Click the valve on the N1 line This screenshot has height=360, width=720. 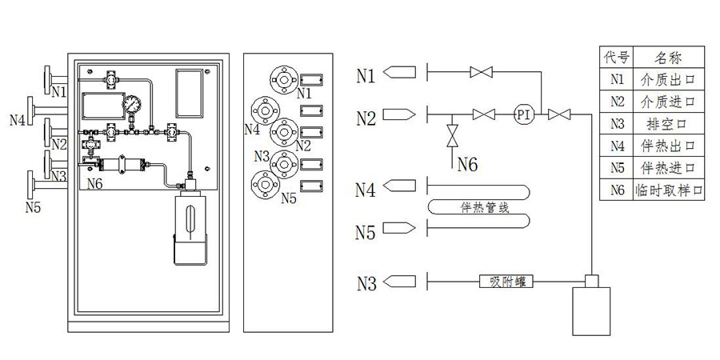point(481,74)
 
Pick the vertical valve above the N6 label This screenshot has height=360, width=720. point(451,134)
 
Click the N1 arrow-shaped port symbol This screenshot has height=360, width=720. point(400,74)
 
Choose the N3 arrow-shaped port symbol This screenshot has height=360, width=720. point(400,281)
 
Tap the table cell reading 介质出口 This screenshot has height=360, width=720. point(663,79)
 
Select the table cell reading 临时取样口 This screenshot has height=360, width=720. point(663,191)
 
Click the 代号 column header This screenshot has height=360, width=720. point(616,57)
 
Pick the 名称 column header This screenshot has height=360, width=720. point(663,57)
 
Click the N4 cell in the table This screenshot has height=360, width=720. point(616,146)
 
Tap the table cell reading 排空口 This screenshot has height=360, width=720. point(663,124)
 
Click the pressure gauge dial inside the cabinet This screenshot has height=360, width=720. point(130,105)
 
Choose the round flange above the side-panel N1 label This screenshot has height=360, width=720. point(282,78)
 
